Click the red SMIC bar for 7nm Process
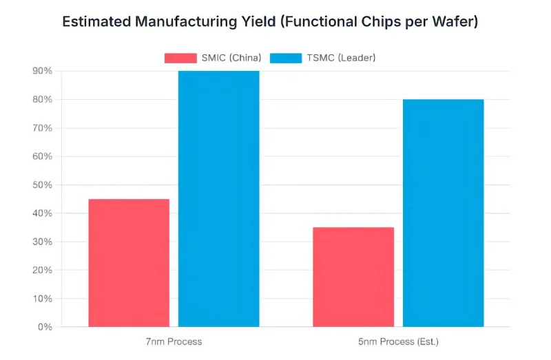(x=129, y=262)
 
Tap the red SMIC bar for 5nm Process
(x=353, y=277)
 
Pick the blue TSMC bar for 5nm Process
(x=443, y=213)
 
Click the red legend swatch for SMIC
(x=180, y=58)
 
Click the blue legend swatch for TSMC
(x=286, y=58)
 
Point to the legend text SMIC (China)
(x=231, y=58)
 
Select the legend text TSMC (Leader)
(x=342, y=58)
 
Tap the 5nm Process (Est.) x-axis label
(x=398, y=341)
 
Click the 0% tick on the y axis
(x=45, y=327)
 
